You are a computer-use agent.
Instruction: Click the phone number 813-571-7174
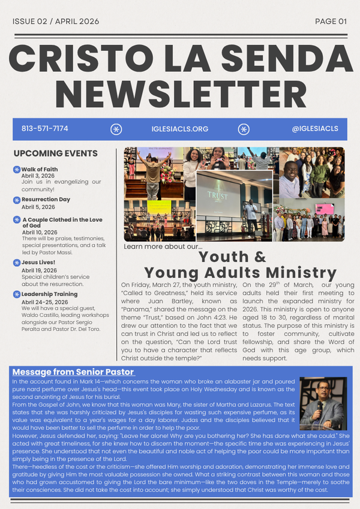[x=44, y=129]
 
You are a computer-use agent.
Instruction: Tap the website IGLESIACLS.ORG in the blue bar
[x=180, y=129]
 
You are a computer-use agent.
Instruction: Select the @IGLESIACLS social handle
[x=315, y=129]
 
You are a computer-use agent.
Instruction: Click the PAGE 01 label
[x=331, y=22]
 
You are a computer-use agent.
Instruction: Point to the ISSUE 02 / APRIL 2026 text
[x=56, y=22]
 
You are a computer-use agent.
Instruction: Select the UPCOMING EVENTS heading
[x=56, y=153]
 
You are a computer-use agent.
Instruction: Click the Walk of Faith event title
[x=40, y=169]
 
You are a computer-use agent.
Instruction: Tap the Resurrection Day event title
[x=46, y=199]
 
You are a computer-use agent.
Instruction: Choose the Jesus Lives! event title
[x=38, y=263]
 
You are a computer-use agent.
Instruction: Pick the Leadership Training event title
[x=49, y=294]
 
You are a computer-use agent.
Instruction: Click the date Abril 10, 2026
[x=40, y=232]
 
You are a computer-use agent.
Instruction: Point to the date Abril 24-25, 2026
[x=44, y=302]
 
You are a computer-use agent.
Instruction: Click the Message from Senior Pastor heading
[x=73, y=372]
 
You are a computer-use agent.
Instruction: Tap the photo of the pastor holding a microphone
[x=323, y=403]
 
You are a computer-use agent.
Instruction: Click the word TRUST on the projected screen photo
[x=218, y=195]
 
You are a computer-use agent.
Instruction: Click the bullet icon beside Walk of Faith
[x=17, y=170]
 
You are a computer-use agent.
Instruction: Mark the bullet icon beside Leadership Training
[x=17, y=294]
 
